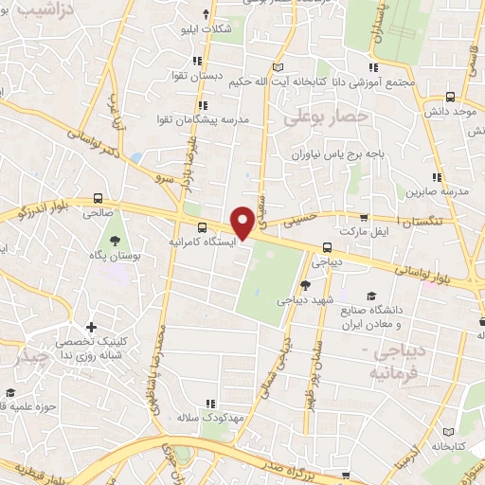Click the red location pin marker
243,222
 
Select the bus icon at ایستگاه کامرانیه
202,227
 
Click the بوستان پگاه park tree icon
116,241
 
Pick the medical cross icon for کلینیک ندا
91,327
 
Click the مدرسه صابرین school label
439,192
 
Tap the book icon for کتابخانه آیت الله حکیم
277,66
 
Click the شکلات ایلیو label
207,29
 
